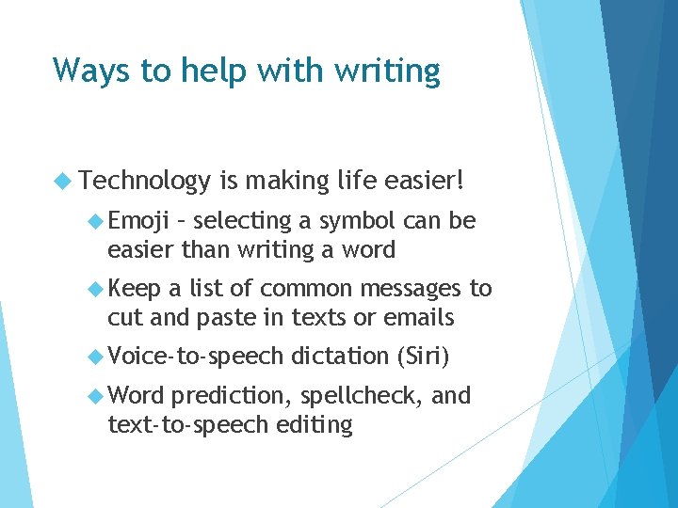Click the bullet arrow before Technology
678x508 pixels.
click(63, 179)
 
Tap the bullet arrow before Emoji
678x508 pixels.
click(95, 222)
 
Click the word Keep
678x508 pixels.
click(135, 290)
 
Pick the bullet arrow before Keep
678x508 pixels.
click(95, 290)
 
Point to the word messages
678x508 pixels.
click(411, 290)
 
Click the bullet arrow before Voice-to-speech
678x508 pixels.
click(95, 357)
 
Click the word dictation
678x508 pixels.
click(340, 357)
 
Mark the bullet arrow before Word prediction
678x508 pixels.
click(95, 396)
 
